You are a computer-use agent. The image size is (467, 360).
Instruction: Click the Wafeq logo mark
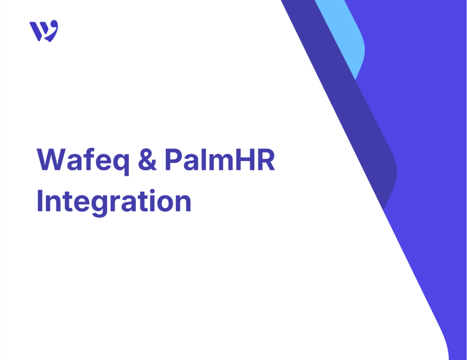pyautogui.click(x=44, y=31)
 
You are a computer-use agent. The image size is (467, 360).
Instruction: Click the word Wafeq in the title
pyautogui.click(x=83, y=161)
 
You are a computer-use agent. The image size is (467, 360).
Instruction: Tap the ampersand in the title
pyautogui.click(x=147, y=160)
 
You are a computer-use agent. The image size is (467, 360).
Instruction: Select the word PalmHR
pyautogui.click(x=220, y=159)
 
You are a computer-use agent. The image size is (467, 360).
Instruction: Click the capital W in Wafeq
pyautogui.click(x=51, y=160)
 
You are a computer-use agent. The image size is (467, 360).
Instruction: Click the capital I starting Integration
pyautogui.click(x=39, y=200)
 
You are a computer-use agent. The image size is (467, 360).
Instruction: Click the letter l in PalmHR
pyautogui.click(x=203, y=159)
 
